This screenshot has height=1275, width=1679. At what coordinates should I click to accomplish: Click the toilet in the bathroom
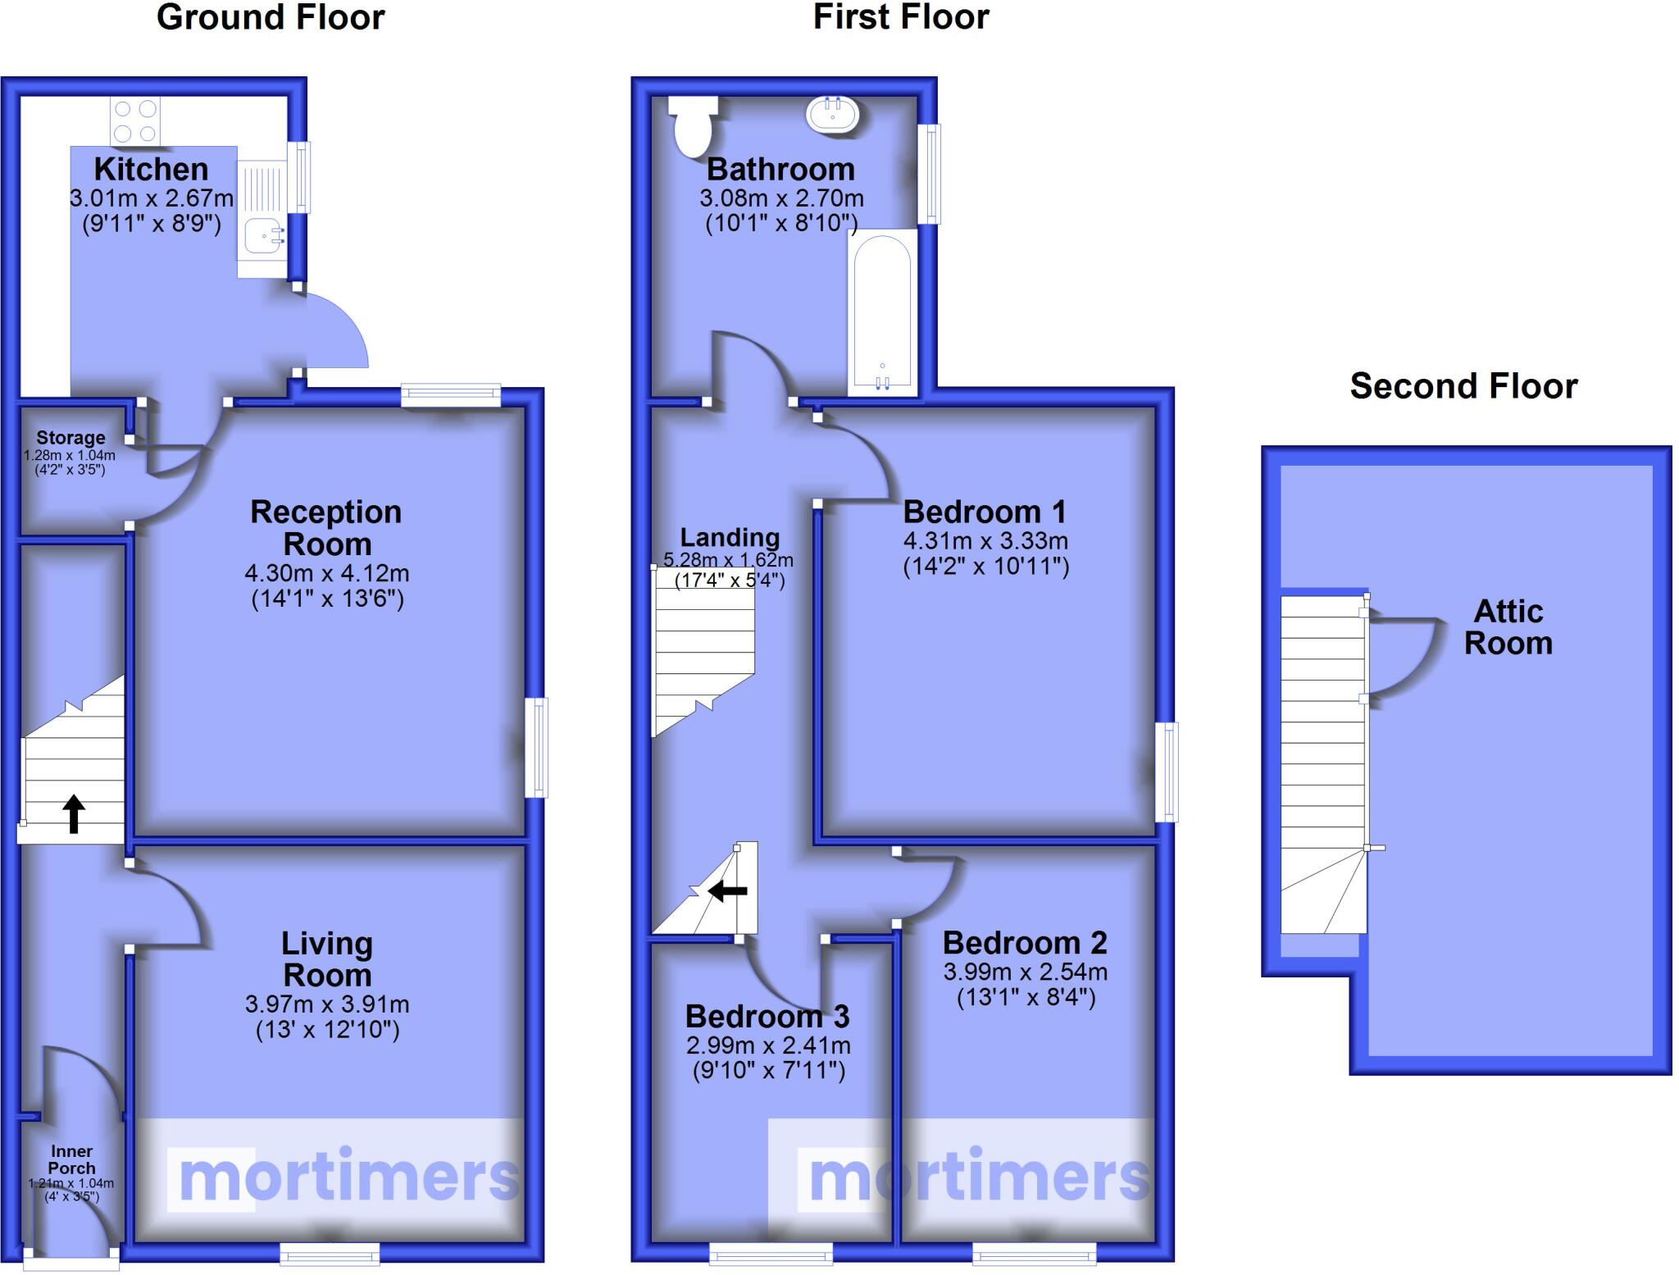[x=693, y=128]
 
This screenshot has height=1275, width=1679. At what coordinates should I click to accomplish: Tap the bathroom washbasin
[x=833, y=114]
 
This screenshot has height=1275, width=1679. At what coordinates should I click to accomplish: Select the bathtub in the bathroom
[x=882, y=312]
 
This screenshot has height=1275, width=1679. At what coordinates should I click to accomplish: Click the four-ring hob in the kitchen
[x=135, y=121]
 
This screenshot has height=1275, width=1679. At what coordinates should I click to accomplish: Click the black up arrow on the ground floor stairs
[x=74, y=813]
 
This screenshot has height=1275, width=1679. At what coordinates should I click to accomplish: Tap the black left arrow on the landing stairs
[x=727, y=890]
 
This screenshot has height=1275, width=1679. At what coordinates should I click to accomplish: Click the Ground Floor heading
[x=271, y=17]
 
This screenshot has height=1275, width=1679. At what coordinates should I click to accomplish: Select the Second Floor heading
[x=1463, y=386]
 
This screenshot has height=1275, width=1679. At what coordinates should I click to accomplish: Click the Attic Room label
[x=1508, y=627]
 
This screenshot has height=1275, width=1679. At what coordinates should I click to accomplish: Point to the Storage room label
[x=71, y=438]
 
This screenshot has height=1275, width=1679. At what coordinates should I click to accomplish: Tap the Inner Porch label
[x=71, y=1159]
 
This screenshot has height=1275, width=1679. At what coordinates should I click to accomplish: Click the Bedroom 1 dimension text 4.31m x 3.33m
[x=985, y=541]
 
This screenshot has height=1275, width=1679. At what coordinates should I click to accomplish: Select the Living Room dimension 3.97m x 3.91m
[x=327, y=1004]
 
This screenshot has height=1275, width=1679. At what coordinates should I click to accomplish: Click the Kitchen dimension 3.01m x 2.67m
[x=152, y=198]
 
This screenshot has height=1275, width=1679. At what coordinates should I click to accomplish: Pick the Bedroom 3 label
[x=767, y=1017]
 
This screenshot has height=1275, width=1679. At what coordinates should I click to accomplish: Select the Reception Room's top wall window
[x=450, y=396]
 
